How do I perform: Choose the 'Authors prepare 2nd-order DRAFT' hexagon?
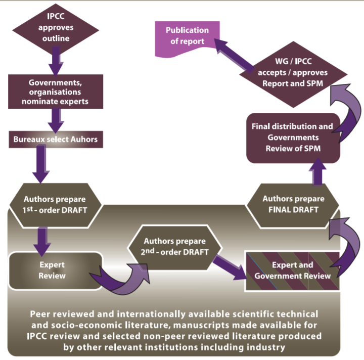[174, 245]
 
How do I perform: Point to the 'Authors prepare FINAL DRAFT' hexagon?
[293, 204]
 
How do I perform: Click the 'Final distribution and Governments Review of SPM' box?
[292, 137]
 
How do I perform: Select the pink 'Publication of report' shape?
[187, 36]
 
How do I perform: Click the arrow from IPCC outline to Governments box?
[56, 63]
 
